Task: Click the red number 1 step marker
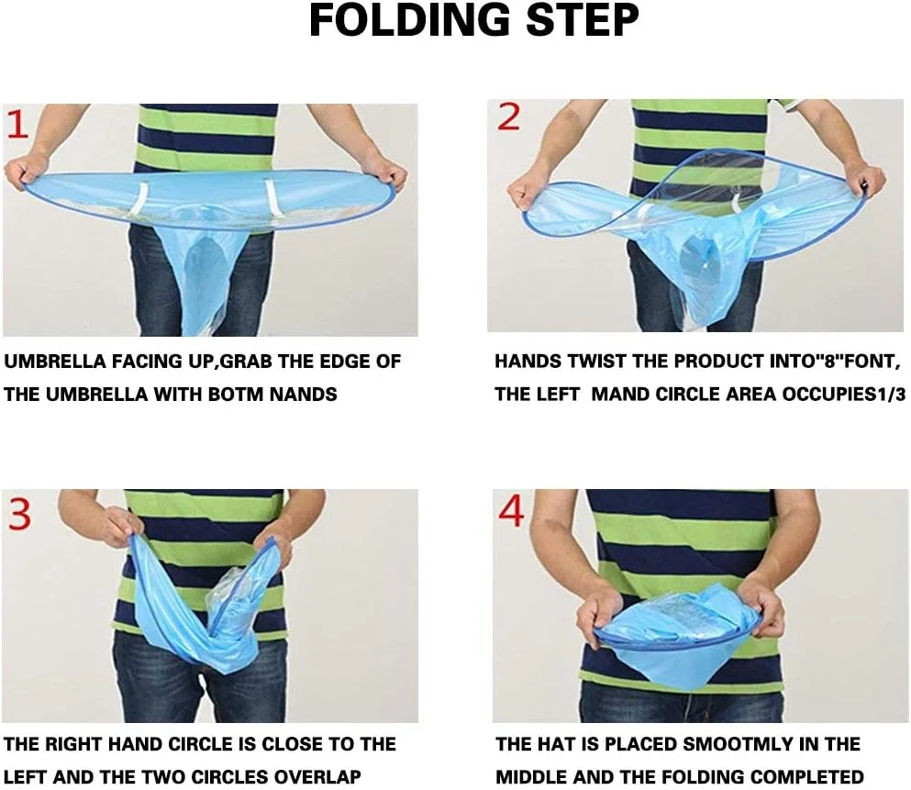(x=17, y=124)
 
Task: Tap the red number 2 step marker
(x=509, y=117)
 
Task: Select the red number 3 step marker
(x=19, y=514)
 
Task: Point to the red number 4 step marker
(x=511, y=511)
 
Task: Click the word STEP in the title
(x=583, y=21)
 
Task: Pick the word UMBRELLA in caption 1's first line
(x=55, y=362)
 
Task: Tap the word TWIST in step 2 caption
(x=598, y=361)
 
